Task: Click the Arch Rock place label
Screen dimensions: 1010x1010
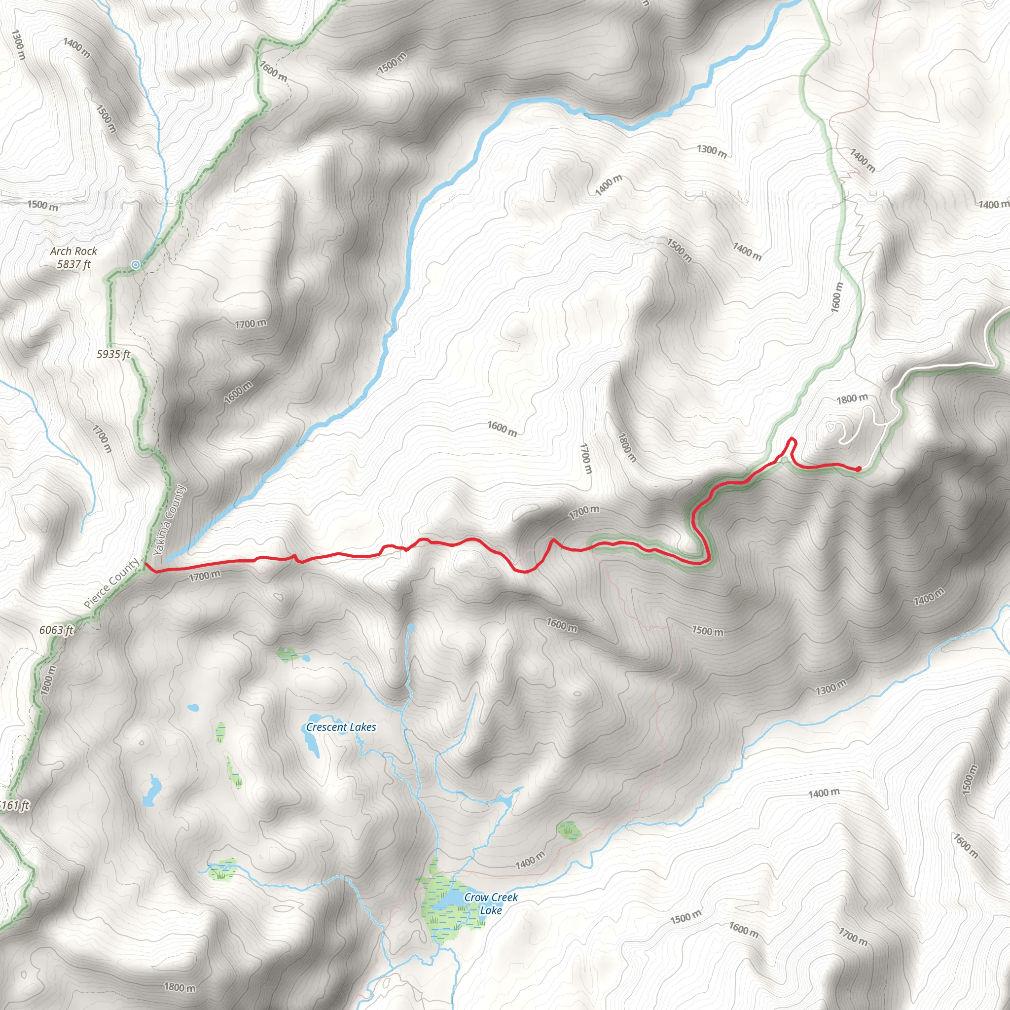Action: click(x=73, y=252)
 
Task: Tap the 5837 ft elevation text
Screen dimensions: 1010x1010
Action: click(x=73, y=264)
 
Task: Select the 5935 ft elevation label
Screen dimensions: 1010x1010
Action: click(x=113, y=355)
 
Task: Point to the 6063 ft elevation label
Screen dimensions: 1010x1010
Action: click(x=56, y=630)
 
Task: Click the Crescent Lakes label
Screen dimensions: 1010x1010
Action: click(x=341, y=727)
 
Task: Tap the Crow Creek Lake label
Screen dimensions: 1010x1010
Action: click(x=490, y=903)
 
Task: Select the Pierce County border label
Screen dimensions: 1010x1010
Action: click(x=112, y=584)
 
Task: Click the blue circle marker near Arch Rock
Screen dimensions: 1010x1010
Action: click(x=136, y=265)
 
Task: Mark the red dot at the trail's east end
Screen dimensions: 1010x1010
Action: click(x=859, y=469)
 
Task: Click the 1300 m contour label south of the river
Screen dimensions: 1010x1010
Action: click(x=712, y=151)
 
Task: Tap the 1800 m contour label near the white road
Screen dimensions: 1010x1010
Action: click(x=852, y=399)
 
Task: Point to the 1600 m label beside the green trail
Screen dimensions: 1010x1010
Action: click(x=837, y=297)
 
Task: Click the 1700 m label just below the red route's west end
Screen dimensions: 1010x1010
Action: click(x=204, y=576)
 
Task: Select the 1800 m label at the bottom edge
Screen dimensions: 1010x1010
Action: click(x=180, y=987)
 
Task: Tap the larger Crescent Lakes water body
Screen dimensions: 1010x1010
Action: click(x=311, y=741)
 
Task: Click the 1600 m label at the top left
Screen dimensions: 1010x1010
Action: click(x=273, y=71)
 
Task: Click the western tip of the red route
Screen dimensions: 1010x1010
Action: click(x=146, y=564)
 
